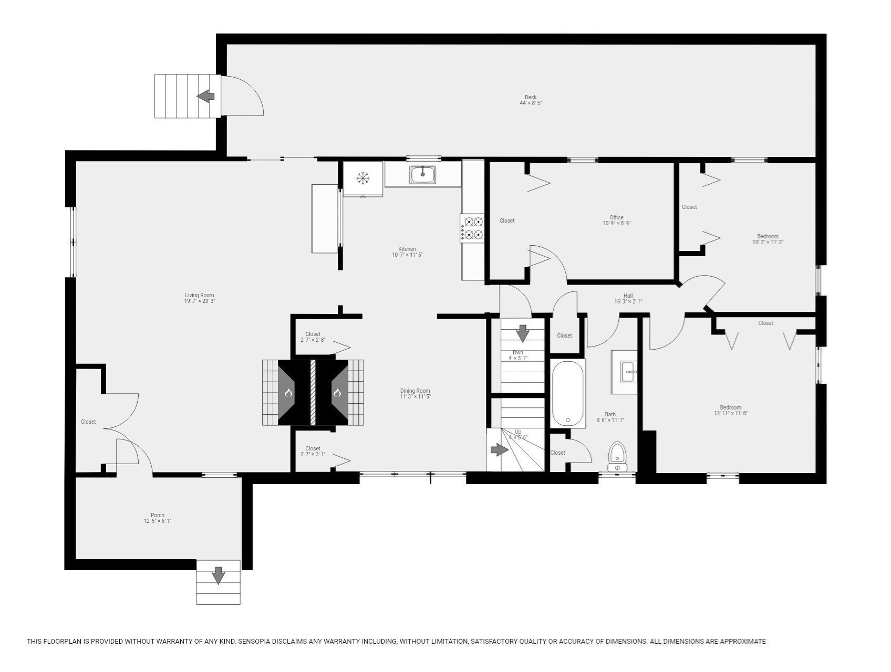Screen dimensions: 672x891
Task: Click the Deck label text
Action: tap(531, 97)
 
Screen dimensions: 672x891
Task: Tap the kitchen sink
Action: tap(423, 174)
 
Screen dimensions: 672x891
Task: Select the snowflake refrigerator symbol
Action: tap(363, 178)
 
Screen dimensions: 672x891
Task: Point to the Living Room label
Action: tap(200, 296)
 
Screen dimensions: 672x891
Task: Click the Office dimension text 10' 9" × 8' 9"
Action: tap(616, 223)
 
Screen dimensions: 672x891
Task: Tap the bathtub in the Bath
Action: tap(567, 393)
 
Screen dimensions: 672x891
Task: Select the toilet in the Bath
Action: tap(617, 456)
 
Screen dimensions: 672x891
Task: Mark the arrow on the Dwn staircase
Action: tap(522, 333)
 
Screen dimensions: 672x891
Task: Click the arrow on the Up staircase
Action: tap(499, 449)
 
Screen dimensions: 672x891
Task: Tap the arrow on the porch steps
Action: tap(218, 575)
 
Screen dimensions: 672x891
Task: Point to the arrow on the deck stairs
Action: tap(206, 96)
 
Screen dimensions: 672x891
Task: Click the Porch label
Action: tap(158, 515)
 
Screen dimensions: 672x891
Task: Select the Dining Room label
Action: tap(415, 391)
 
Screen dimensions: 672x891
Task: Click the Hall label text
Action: tap(628, 296)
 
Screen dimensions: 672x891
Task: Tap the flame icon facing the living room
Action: tap(288, 393)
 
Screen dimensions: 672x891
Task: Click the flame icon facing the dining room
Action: tap(337, 393)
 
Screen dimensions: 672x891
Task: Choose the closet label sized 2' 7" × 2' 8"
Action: tap(313, 337)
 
